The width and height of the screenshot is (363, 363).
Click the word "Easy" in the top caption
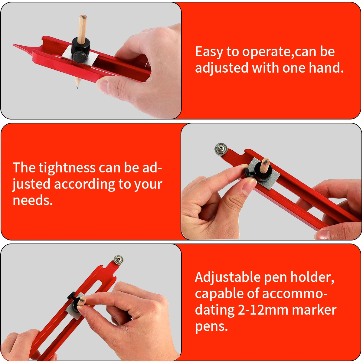point(209,52)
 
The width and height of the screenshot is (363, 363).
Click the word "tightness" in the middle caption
point(67,168)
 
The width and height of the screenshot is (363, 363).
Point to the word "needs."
point(33,200)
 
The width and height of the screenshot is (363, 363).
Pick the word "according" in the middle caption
point(84,184)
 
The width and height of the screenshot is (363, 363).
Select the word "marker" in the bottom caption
point(314,310)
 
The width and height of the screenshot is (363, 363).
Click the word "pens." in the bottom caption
point(211,327)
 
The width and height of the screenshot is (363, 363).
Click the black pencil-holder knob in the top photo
point(80,49)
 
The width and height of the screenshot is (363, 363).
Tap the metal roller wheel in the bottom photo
point(118,260)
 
